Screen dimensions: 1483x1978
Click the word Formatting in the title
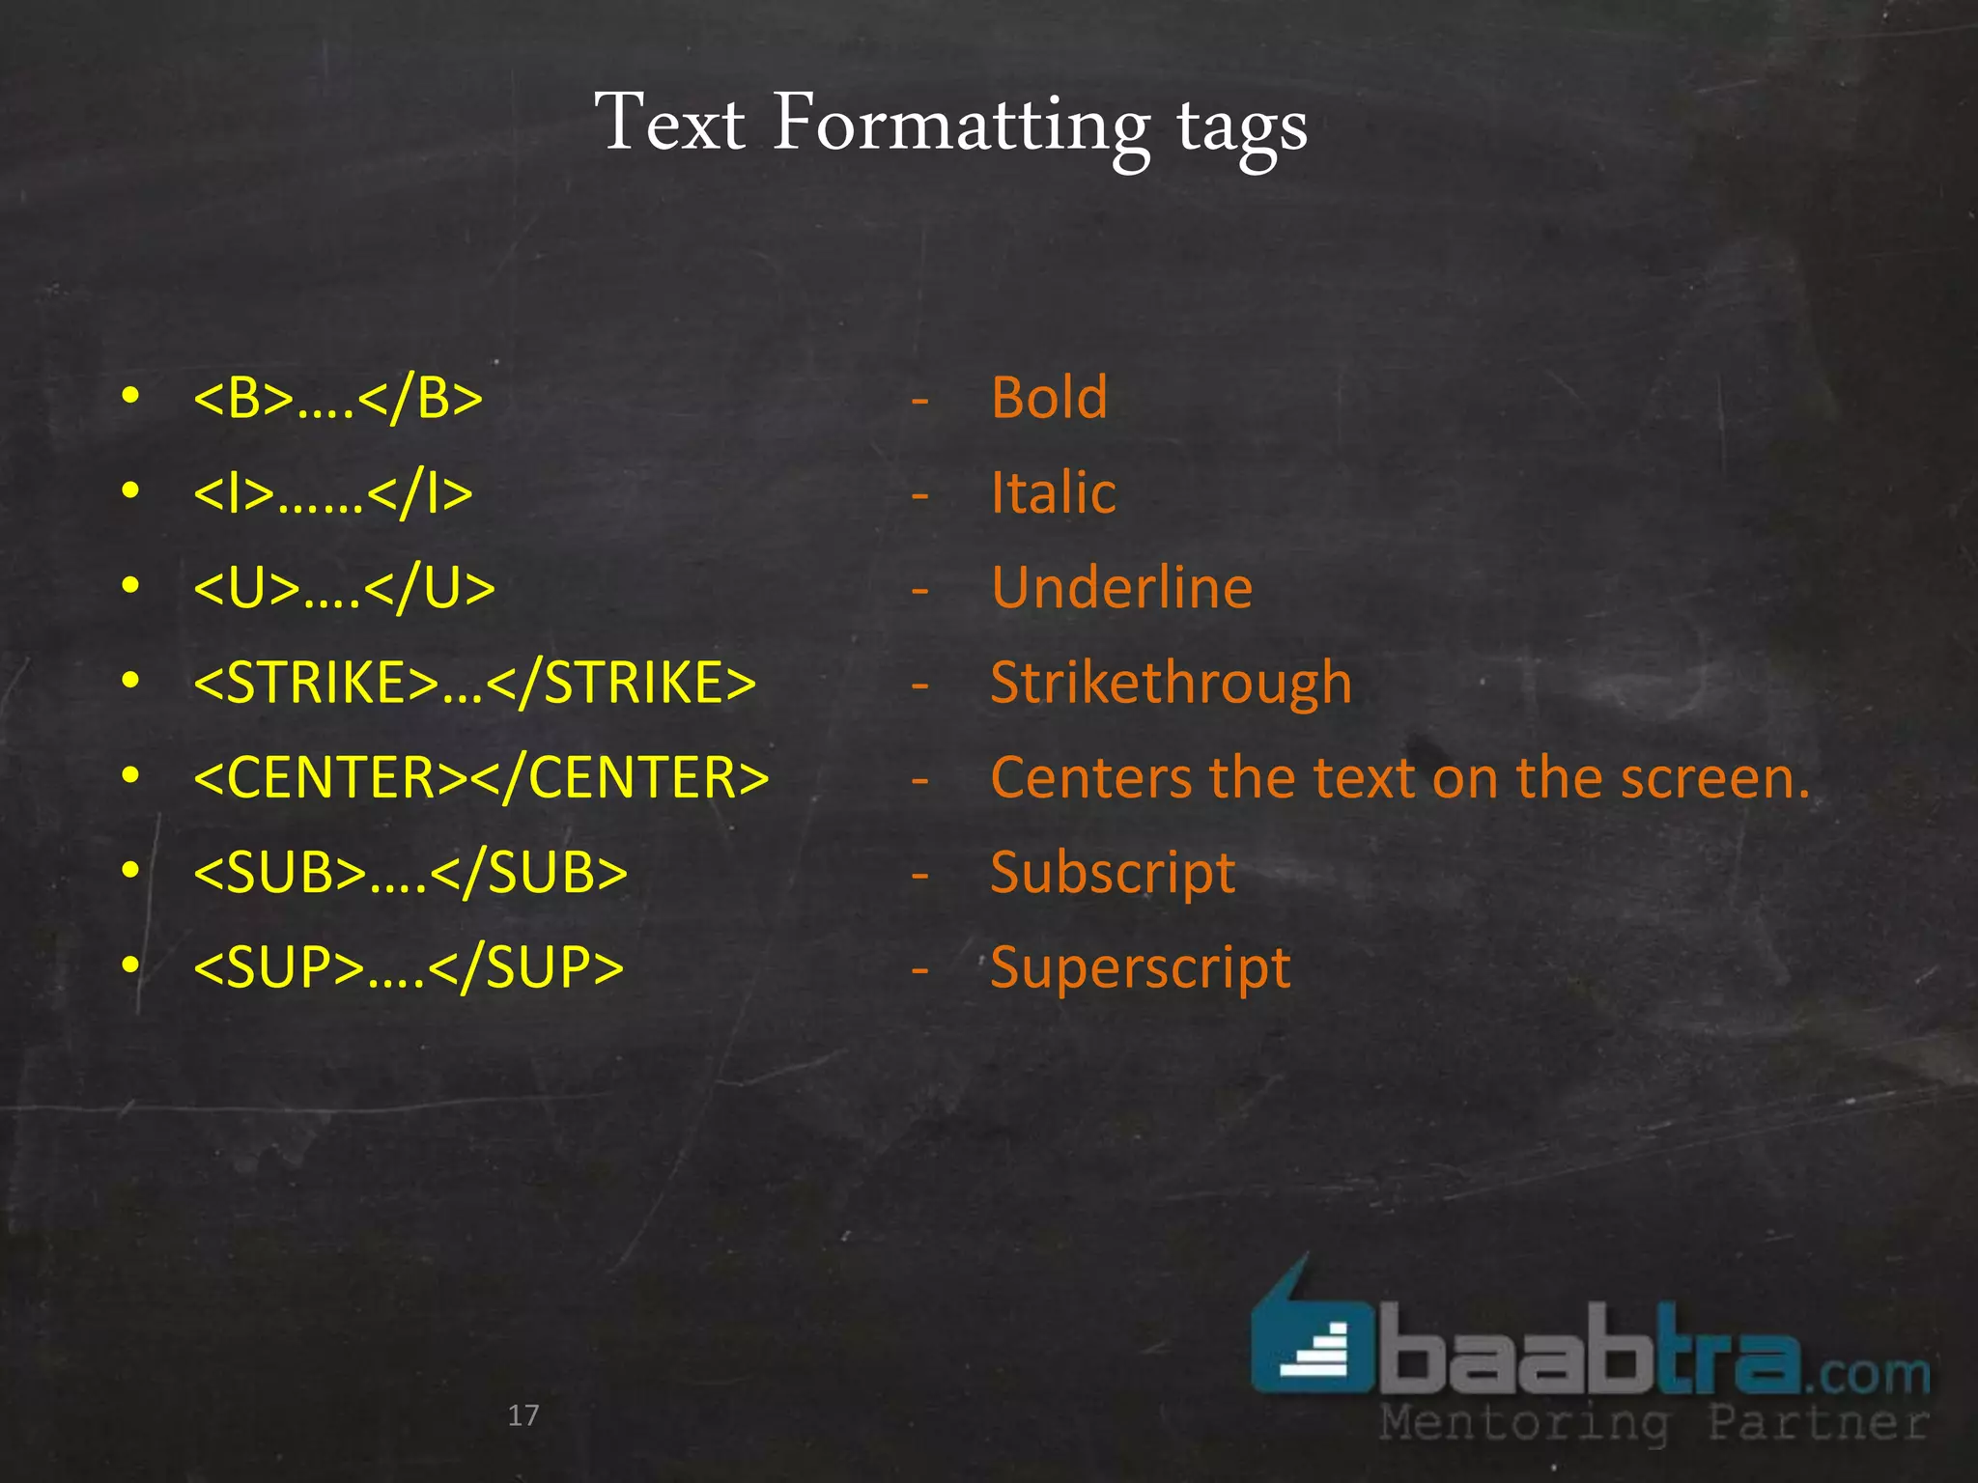tap(961, 126)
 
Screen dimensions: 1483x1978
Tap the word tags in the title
tap(1242, 130)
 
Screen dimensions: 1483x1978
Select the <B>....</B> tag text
tap(338, 398)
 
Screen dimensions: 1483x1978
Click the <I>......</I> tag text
tap(333, 493)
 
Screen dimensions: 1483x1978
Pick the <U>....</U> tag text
tap(344, 588)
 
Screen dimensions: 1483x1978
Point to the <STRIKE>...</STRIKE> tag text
tap(474, 683)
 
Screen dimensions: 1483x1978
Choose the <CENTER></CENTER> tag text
tap(481, 777)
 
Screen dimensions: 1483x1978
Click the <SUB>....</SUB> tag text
tap(410, 873)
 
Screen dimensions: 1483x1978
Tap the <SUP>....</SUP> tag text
tap(409, 967)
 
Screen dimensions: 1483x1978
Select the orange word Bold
tap(1050, 398)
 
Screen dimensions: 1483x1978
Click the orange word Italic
tap(1054, 493)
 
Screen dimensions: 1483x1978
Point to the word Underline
tap(1122, 588)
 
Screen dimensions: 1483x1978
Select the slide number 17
tap(523, 1415)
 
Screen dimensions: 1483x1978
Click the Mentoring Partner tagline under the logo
tap(1653, 1423)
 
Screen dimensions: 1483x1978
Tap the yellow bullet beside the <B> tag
tap(131, 396)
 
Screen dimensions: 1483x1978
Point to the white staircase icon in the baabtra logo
tap(1315, 1353)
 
